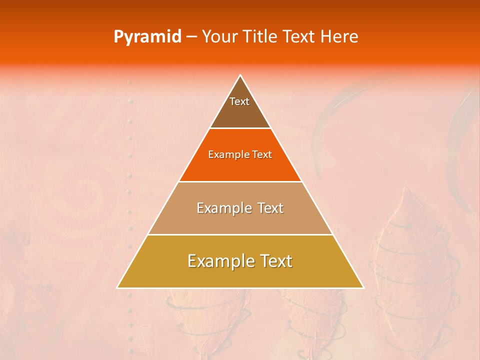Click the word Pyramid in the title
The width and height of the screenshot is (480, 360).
tap(147, 37)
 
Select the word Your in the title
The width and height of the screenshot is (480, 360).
tap(220, 37)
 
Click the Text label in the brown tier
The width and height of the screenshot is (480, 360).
tap(239, 101)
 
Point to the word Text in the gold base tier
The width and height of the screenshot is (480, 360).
tap(275, 261)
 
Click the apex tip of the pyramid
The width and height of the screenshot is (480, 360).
tap(240, 75)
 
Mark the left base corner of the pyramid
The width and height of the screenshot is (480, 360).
tap(117, 287)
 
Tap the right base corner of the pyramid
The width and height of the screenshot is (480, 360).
tap(363, 287)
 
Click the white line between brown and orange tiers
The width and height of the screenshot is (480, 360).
tap(240, 128)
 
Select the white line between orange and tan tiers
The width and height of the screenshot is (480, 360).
tap(240, 181)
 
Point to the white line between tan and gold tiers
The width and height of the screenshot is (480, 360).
tap(240, 234)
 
